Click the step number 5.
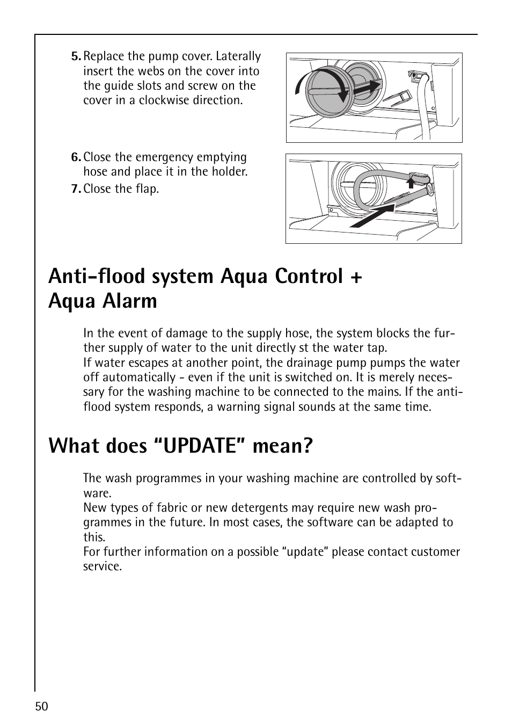point(76,57)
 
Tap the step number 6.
point(76,157)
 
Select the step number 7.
point(76,189)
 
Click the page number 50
point(42,707)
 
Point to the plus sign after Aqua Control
point(356,277)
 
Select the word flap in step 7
point(148,189)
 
